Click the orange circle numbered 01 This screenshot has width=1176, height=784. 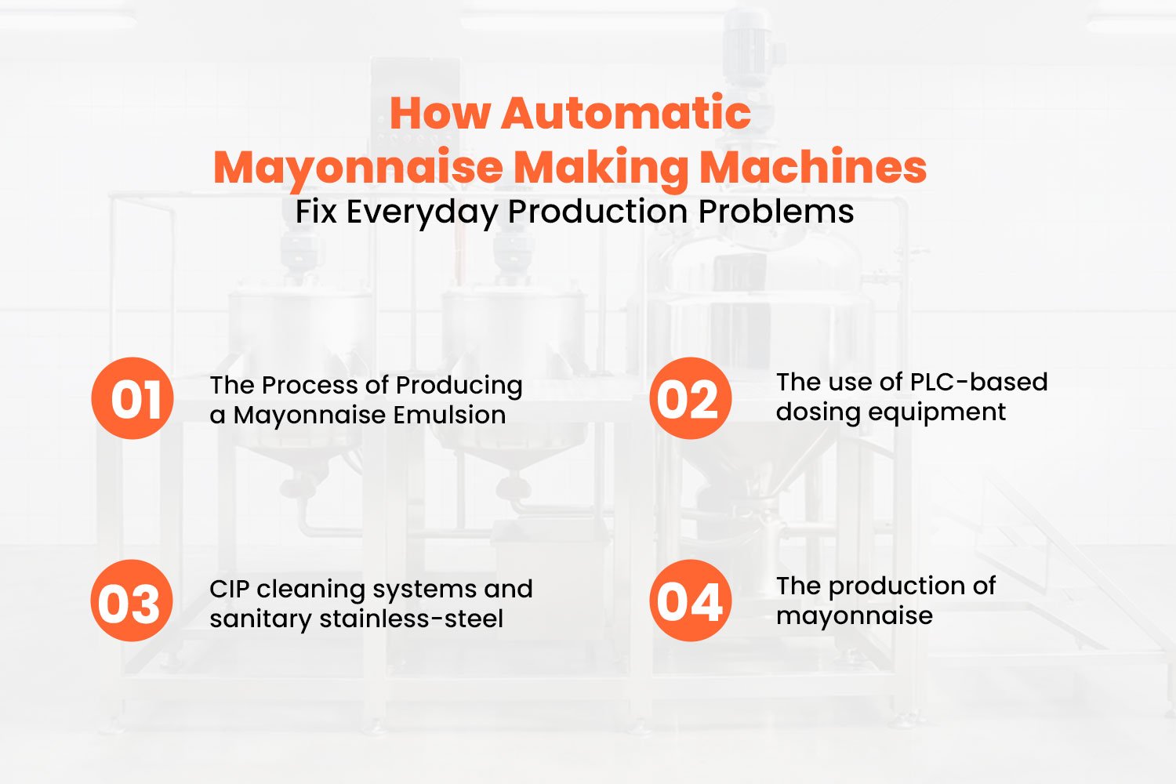[x=132, y=398]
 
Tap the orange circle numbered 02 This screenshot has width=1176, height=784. [x=690, y=398]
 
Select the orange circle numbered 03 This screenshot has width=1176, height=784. [x=132, y=602]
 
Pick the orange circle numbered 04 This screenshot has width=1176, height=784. [x=690, y=601]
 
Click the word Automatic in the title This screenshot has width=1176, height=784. [x=626, y=113]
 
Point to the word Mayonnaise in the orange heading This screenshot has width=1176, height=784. [x=358, y=168]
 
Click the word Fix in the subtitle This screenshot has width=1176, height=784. [x=316, y=212]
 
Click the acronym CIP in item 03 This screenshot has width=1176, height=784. [x=229, y=588]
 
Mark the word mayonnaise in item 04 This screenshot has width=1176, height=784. [x=854, y=616]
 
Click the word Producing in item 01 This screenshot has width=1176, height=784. [x=459, y=385]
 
